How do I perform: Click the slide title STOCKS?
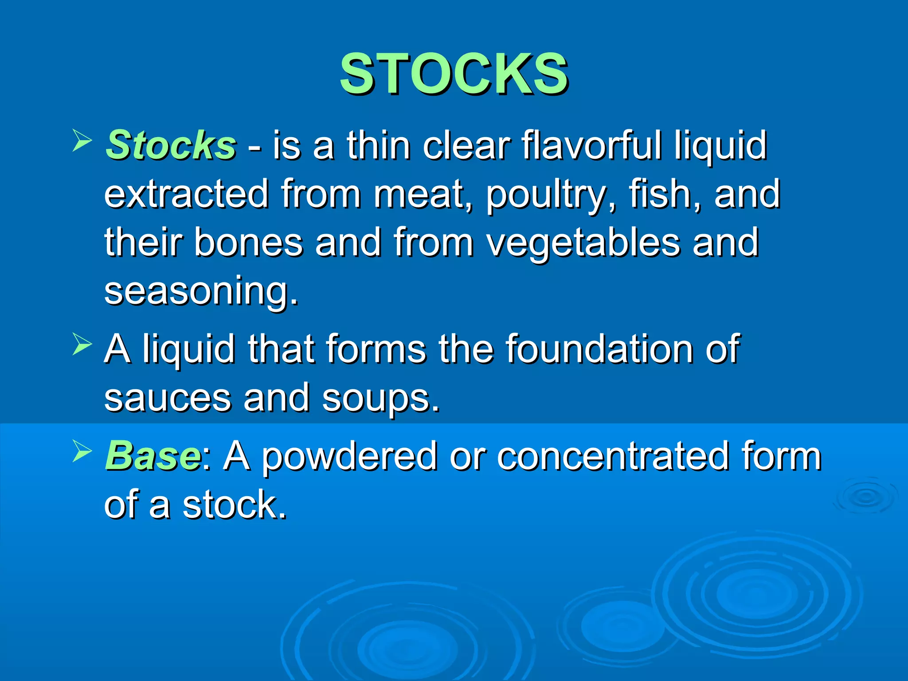454,74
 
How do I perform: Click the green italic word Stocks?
171,145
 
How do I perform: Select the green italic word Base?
153,456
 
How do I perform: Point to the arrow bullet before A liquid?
82,344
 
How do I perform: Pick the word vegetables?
583,243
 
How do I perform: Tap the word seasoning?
200,291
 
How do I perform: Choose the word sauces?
168,398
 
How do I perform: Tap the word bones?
248,243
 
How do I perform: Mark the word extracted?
186,194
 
